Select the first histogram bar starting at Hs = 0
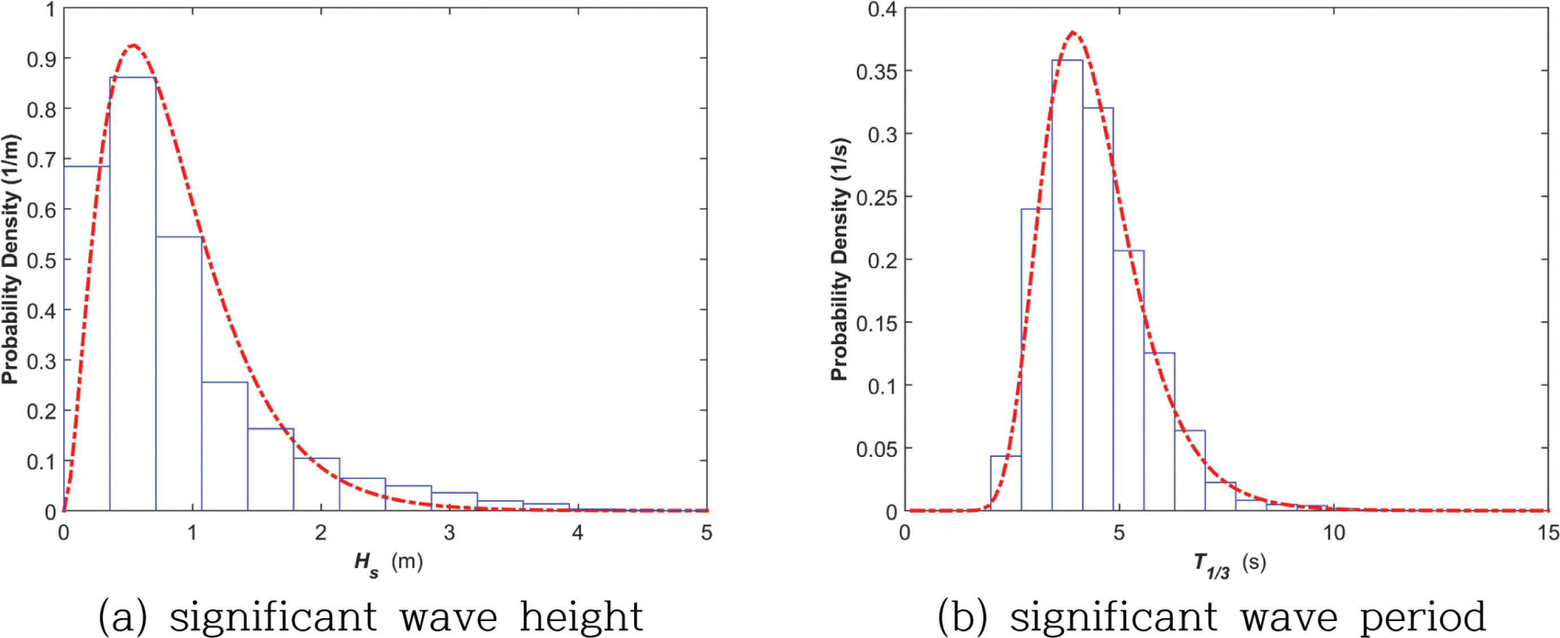[x=87, y=339]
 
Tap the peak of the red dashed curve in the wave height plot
[x=134, y=45]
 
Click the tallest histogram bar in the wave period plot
[x=1067, y=284]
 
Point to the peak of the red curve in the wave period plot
[x=1072, y=32]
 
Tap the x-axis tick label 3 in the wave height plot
[x=449, y=533]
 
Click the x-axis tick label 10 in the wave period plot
[x=1333, y=533]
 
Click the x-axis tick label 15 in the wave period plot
[x=1548, y=533]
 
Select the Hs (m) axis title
[x=388, y=563]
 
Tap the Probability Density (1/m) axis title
[x=10, y=260]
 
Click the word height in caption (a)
[x=581, y=617]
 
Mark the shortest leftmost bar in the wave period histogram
[x=1005, y=484]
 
